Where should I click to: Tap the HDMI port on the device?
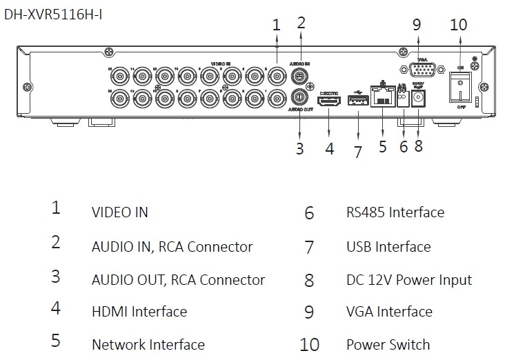click(x=328, y=101)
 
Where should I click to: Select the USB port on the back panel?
click(x=357, y=101)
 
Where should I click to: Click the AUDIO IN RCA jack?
click(x=300, y=74)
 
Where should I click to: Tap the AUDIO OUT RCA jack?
click(x=300, y=97)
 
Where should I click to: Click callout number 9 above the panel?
click(x=416, y=24)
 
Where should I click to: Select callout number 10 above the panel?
click(x=458, y=24)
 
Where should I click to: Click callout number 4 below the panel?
click(x=330, y=148)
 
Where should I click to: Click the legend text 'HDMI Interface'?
click(x=139, y=312)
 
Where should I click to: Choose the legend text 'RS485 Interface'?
click(x=395, y=212)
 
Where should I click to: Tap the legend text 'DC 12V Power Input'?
click(x=408, y=280)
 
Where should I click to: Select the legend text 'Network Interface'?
click(x=148, y=344)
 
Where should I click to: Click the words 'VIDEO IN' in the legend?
click(x=119, y=212)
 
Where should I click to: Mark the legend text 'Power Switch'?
click(x=388, y=344)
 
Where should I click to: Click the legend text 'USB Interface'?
click(x=388, y=246)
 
